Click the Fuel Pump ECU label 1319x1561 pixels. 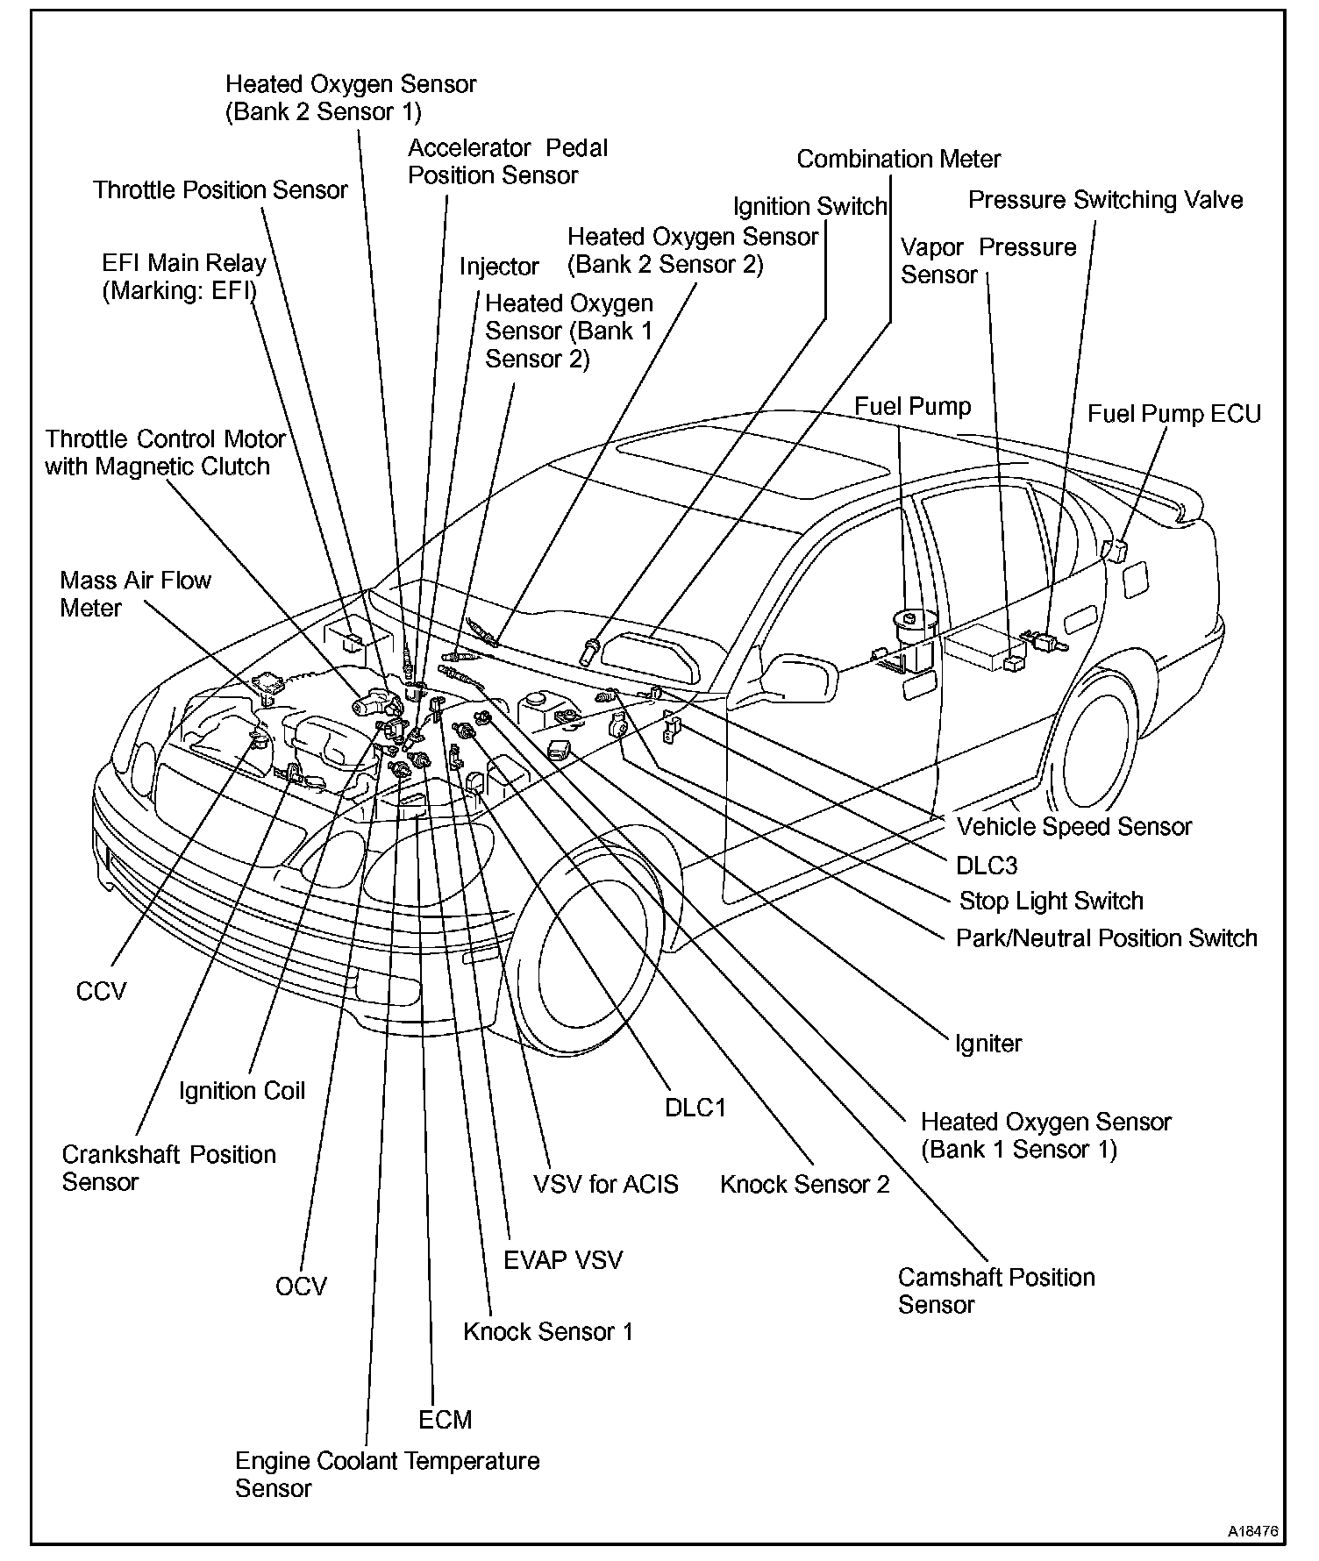click(1173, 414)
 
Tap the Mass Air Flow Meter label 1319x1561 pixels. click(135, 594)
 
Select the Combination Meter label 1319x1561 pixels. click(898, 160)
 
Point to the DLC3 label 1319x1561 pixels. click(987, 866)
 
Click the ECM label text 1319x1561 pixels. click(446, 1419)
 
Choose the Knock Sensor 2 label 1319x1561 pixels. click(804, 1184)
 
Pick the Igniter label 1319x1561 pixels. click(988, 1044)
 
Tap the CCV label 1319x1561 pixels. click(102, 991)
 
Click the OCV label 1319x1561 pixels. click(301, 1287)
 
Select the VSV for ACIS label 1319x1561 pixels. click(605, 1184)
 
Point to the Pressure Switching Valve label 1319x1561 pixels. click(1105, 200)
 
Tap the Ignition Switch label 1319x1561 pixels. click(809, 207)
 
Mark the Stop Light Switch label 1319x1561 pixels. click(1051, 901)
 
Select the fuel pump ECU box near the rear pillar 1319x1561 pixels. click(1113, 549)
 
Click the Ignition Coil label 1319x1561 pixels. click(242, 1090)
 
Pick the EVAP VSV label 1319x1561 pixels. click(562, 1260)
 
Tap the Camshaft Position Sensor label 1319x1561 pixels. click(996, 1290)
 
